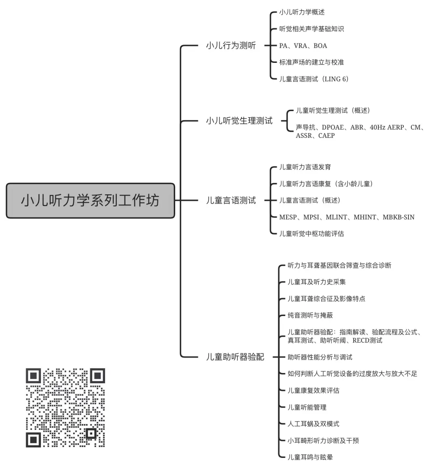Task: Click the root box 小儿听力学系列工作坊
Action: point(90,201)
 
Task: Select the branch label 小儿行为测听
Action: point(231,46)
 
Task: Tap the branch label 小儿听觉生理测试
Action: point(239,121)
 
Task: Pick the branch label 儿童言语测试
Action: point(231,200)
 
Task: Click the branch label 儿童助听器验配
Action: point(235,357)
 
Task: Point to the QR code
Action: point(65,408)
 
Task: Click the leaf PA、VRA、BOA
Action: point(303,46)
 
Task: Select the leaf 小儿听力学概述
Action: point(302,13)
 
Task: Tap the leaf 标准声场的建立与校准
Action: point(311,62)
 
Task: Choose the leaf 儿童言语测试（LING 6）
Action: point(314,79)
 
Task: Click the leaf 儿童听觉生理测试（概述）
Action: point(333,111)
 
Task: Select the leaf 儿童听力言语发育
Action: point(305,167)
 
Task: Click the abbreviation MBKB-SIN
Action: point(398,217)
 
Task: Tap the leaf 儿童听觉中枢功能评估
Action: point(311,234)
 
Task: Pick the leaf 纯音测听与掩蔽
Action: point(310,316)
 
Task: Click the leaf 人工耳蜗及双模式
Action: point(313,424)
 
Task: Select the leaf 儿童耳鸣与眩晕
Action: point(310,457)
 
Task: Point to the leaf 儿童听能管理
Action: point(307,408)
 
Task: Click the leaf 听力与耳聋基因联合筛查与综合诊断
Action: point(339,266)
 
